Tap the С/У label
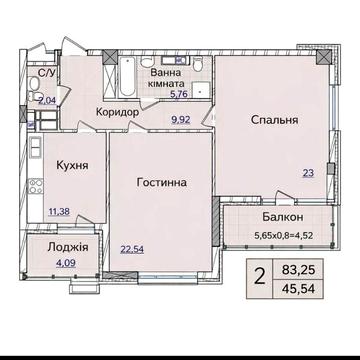coord(48,72)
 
